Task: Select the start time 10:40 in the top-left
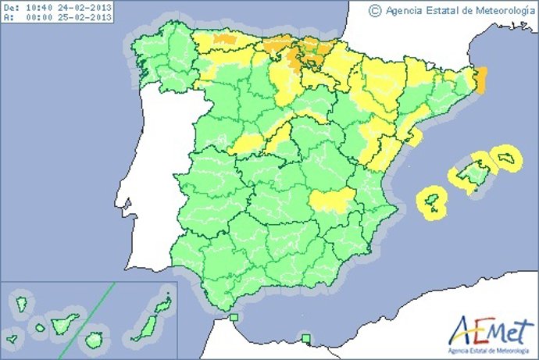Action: click(x=41, y=6)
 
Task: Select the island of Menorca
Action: click(x=507, y=159)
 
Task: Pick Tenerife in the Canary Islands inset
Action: click(x=65, y=323)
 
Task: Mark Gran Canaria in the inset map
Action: click(x=95, y=340)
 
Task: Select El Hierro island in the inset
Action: click(x=19, y=340)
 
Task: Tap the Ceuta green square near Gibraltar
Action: click(x=234, y=317)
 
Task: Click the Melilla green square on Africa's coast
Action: click(x=306, y=338)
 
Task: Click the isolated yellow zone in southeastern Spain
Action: click(x=333, y=201)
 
